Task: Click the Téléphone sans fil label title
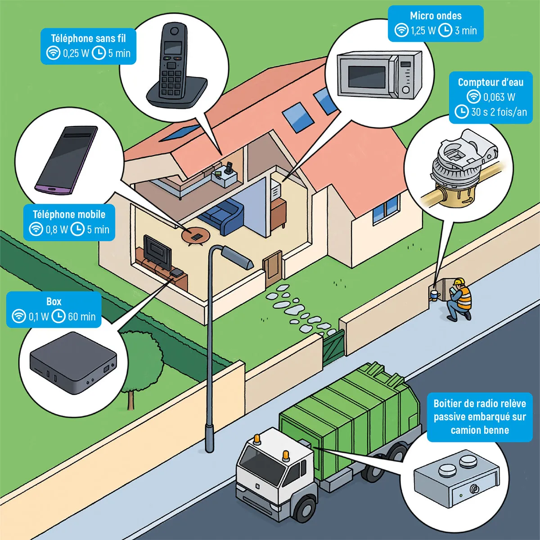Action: pos(88,38)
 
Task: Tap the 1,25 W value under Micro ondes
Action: pos(423,31)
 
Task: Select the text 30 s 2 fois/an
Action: pos(499,112)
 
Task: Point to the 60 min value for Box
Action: pos(82,317)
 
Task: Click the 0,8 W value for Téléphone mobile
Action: pos(57,229)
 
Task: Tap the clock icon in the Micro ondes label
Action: pos(445,30)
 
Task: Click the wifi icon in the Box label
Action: pos(19,316)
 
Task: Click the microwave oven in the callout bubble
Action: pos(379,75)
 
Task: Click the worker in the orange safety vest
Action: pos(460,299)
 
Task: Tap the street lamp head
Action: pos(237,256)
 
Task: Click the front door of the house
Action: pos(272,268)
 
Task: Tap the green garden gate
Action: pos(334,348)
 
